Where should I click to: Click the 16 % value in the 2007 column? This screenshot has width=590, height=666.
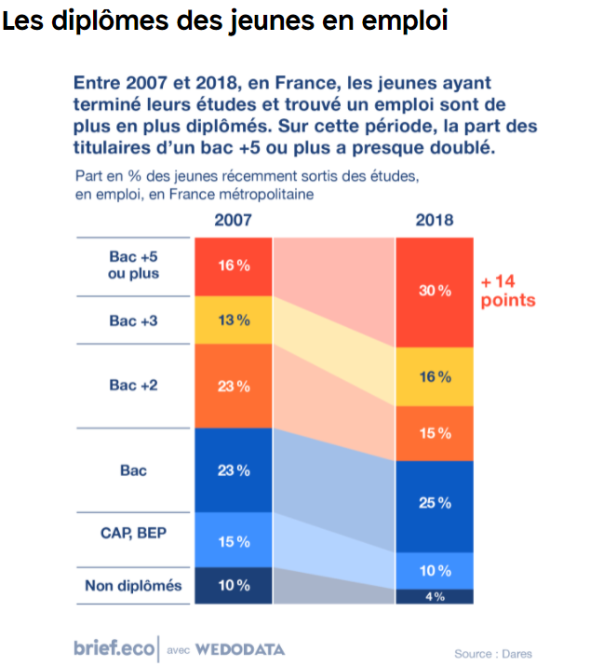[234, 265]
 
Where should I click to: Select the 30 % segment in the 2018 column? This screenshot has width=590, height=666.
[435, 292]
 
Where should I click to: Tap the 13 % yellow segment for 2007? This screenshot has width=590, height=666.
[234, 320]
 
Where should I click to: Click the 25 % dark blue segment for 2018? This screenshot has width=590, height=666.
[435, 503]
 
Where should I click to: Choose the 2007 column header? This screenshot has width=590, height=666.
[233, 221]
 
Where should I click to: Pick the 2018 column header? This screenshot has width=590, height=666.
[435, 221]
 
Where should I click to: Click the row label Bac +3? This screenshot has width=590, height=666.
[134, 320]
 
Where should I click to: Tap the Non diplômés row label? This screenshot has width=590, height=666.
[134, 586]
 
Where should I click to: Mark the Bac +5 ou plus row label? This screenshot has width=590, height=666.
[134, 265]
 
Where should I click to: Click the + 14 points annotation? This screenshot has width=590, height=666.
[508, 291]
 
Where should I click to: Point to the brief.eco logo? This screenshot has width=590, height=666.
[114, 648]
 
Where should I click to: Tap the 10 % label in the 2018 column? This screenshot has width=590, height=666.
[435, 570]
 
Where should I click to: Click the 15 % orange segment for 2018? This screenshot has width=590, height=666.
[435, 433]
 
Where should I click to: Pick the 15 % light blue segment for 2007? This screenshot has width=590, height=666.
[234, 541]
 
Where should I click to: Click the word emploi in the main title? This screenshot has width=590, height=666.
[408, 21]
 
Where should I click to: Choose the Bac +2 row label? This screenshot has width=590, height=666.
[134, 386]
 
